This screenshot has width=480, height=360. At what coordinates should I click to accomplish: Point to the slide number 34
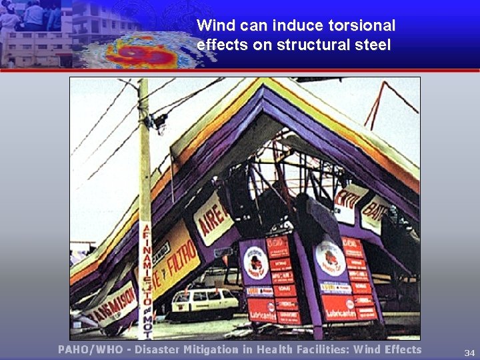(x=469, y=352)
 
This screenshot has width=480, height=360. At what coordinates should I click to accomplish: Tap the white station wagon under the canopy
(x=203, y=303)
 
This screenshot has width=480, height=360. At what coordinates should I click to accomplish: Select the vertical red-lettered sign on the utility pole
(x=145, y=280)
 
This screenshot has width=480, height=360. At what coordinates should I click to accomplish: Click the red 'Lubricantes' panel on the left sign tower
(x=261, y=309)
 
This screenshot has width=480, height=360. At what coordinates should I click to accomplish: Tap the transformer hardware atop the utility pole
(x=157, y=121)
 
